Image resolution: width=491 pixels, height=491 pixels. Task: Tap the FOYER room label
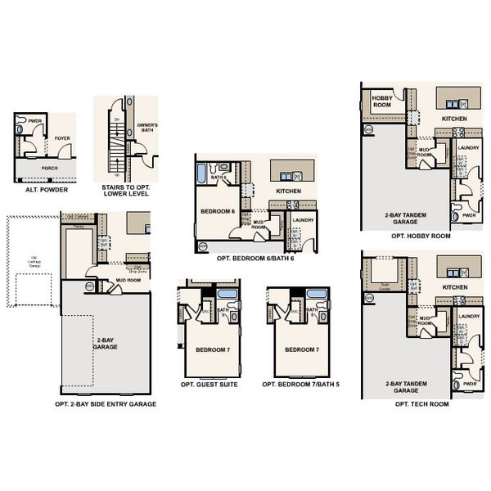coord(62,138)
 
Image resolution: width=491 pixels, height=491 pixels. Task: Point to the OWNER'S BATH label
coord(147,128)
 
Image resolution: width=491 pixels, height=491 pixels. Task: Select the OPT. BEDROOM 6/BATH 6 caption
coord(255,257)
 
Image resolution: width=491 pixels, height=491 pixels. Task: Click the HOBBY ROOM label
coord(382,101)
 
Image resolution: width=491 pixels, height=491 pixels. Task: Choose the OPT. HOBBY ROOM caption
coord(421,236)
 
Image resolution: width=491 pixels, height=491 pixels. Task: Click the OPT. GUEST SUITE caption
coord(209,384)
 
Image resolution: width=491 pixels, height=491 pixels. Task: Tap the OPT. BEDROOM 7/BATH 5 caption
coord(295,384)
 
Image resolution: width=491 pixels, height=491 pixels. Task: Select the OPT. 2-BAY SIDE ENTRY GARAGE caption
coord(106,403)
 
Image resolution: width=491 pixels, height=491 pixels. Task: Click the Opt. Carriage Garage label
coord(34,261)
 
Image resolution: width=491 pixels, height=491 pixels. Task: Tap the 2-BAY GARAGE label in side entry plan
coord(106,343)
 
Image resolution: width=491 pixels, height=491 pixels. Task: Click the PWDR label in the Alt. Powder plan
coord(34,120)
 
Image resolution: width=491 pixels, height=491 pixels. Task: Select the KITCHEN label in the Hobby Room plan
coord(454,119)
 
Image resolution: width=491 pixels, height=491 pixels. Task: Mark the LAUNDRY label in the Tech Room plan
coord(469,316)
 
